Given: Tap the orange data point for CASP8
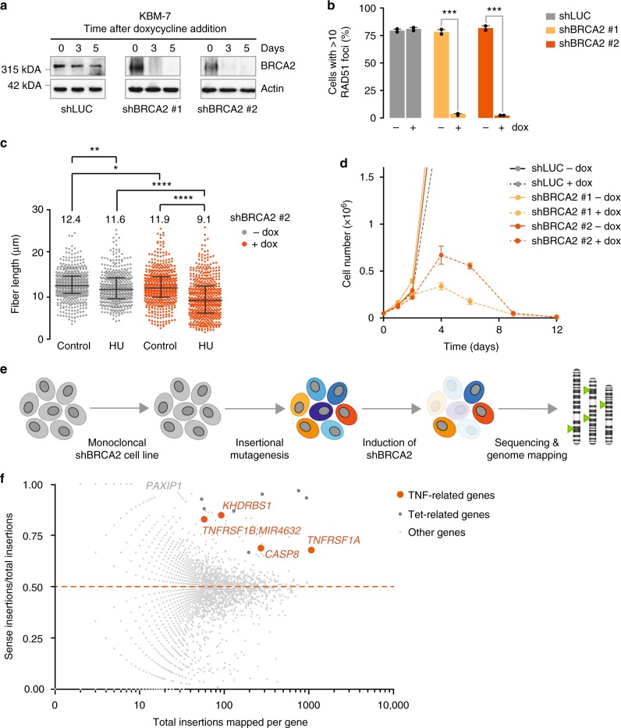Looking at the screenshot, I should tap(260, 548).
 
